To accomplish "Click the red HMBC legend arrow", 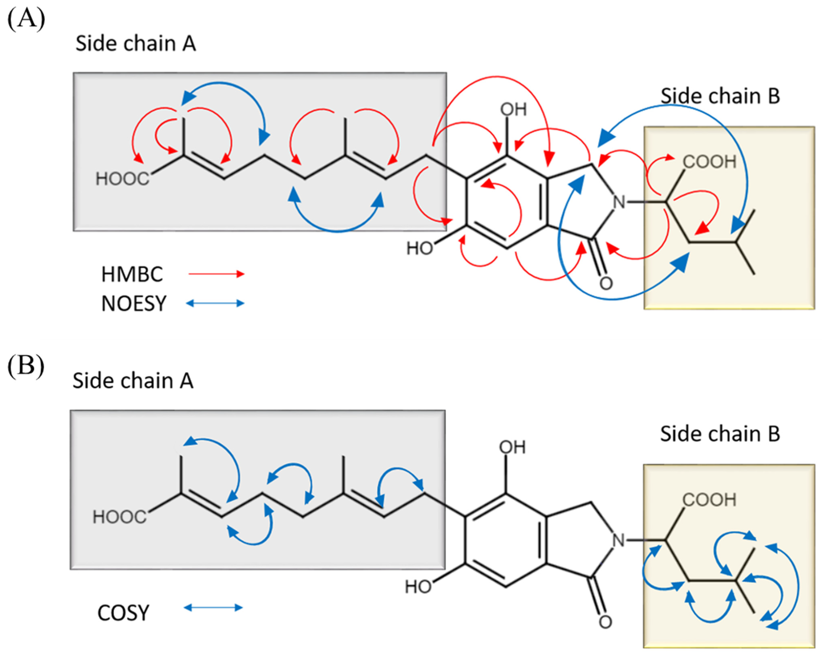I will pyautogui.click(x=216, y=274).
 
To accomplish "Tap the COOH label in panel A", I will pyautogui.click(x=709, y=162).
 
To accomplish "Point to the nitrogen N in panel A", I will pyautogui.click(x=619, y=202).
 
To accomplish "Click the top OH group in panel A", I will pyautogui.click(x=513, y=110).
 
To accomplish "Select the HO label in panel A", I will pyautogui.click(x=419, y=249).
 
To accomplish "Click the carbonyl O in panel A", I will pyautogui.click(x=606, y=283).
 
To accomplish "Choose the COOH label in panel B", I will pyautogui.click(x=709, y=500).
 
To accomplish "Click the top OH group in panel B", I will pyautogui.click(x=512, y=447).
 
